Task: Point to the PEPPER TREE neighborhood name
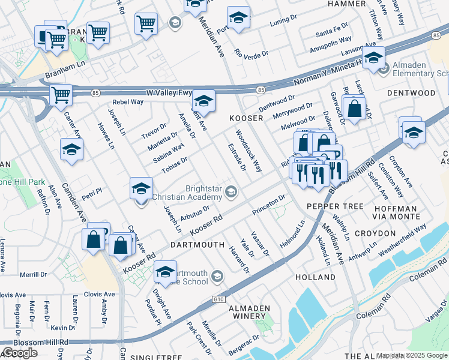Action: pos(335,206)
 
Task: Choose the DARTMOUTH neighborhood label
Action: pos(197,245)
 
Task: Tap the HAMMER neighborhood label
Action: pos(346,4)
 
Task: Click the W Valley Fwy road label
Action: pos(169,93)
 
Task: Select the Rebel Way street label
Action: pos(129,102)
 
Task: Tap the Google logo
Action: pos(20,353)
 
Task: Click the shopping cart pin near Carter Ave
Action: pos(61,95)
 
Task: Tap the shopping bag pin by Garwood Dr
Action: pos(354,109)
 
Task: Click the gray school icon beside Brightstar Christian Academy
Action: pos(232,192)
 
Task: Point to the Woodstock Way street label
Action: pos(249,151)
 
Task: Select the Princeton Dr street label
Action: pos(268,205)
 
